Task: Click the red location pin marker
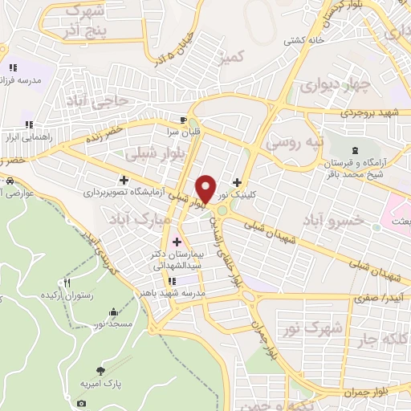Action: (206, 187)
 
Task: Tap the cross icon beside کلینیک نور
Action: (237, 182)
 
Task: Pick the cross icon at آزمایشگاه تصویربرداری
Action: (123, 180)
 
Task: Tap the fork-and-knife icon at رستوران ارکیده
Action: (67, 283)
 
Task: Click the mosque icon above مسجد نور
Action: (112, 311)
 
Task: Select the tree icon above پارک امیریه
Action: (100, 370)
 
